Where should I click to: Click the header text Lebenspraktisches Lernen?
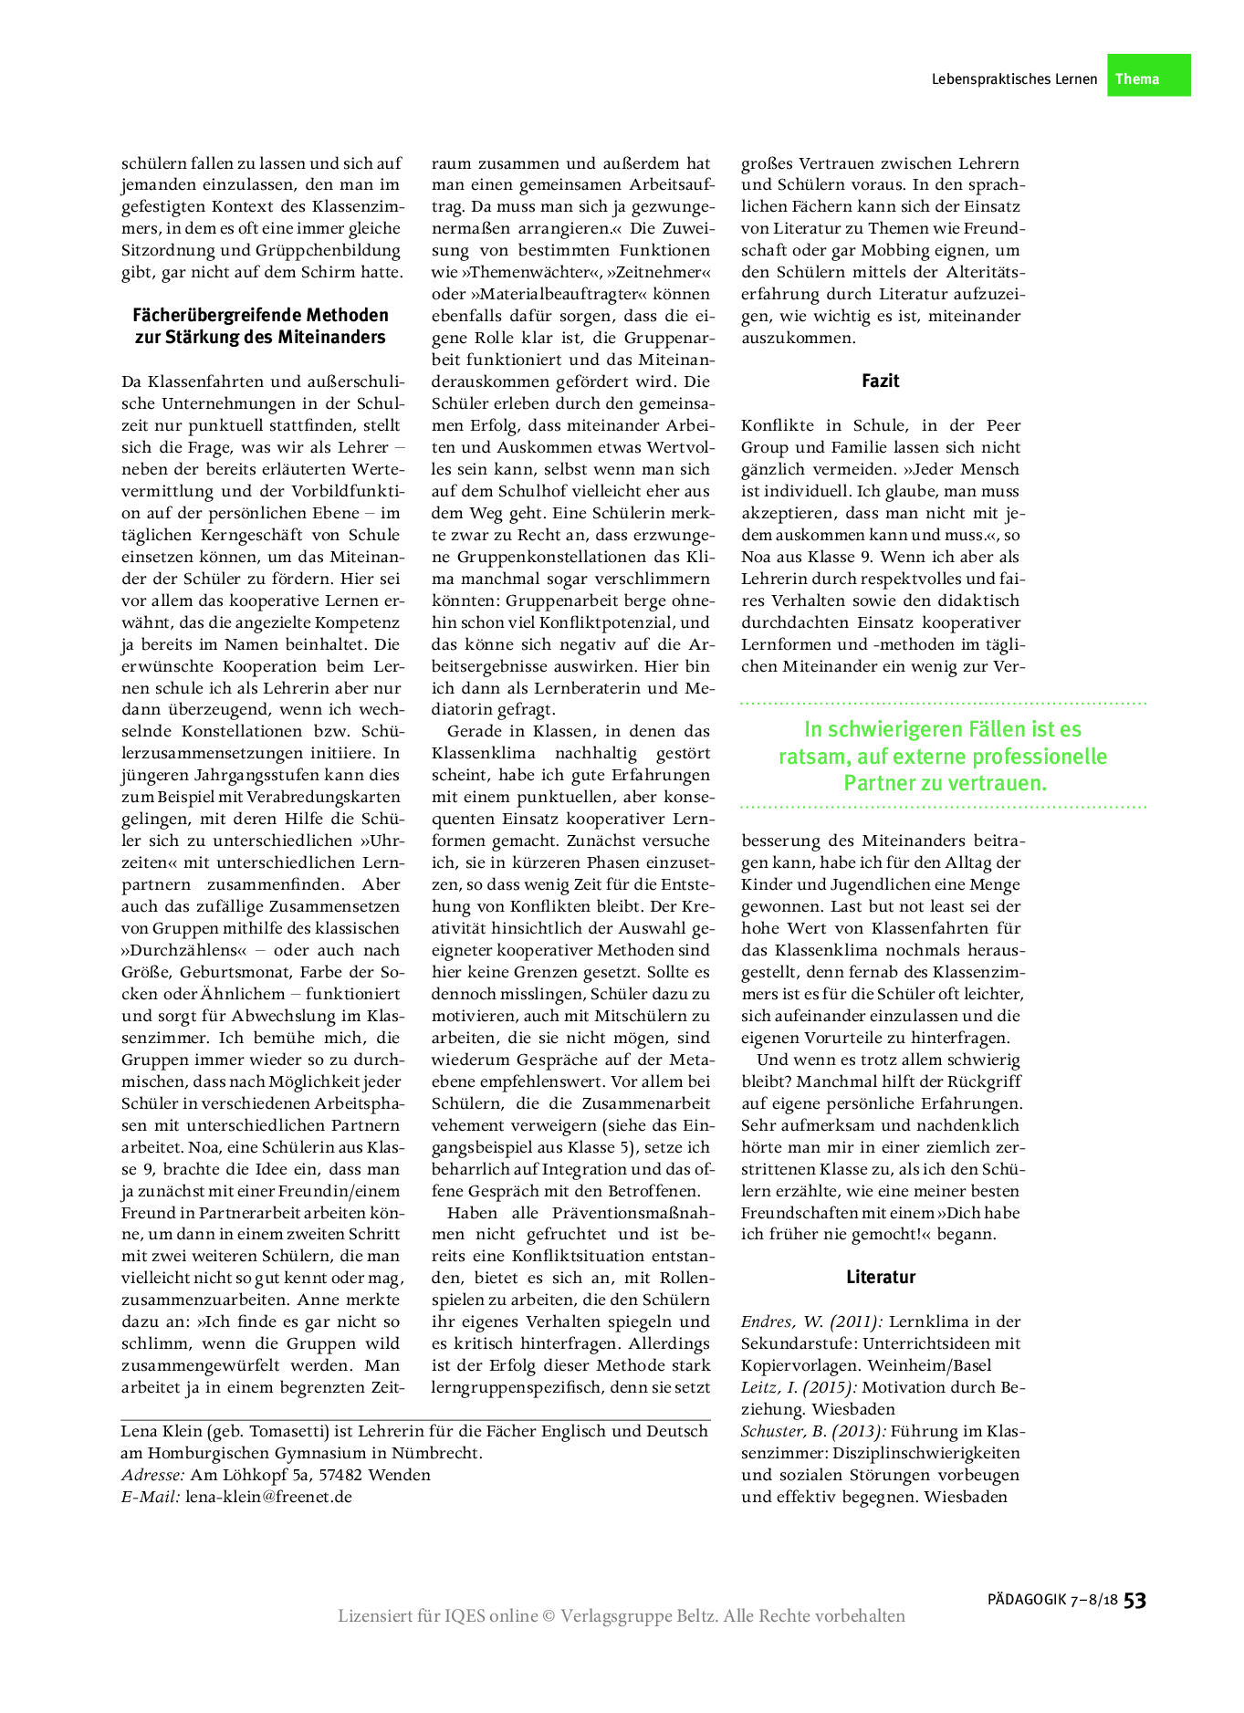point(1013,79)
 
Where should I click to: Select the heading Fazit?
point(880,381)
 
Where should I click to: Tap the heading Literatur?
point(880,1277)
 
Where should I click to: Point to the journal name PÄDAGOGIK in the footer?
point(1027,1600)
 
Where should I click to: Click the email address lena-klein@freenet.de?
point(268,1497)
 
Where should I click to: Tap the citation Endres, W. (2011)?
point(811,1321)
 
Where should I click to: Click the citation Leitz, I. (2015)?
point(799,1387)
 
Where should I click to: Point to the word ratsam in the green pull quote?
point(807,757)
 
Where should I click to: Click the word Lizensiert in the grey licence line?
point(374,1616)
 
